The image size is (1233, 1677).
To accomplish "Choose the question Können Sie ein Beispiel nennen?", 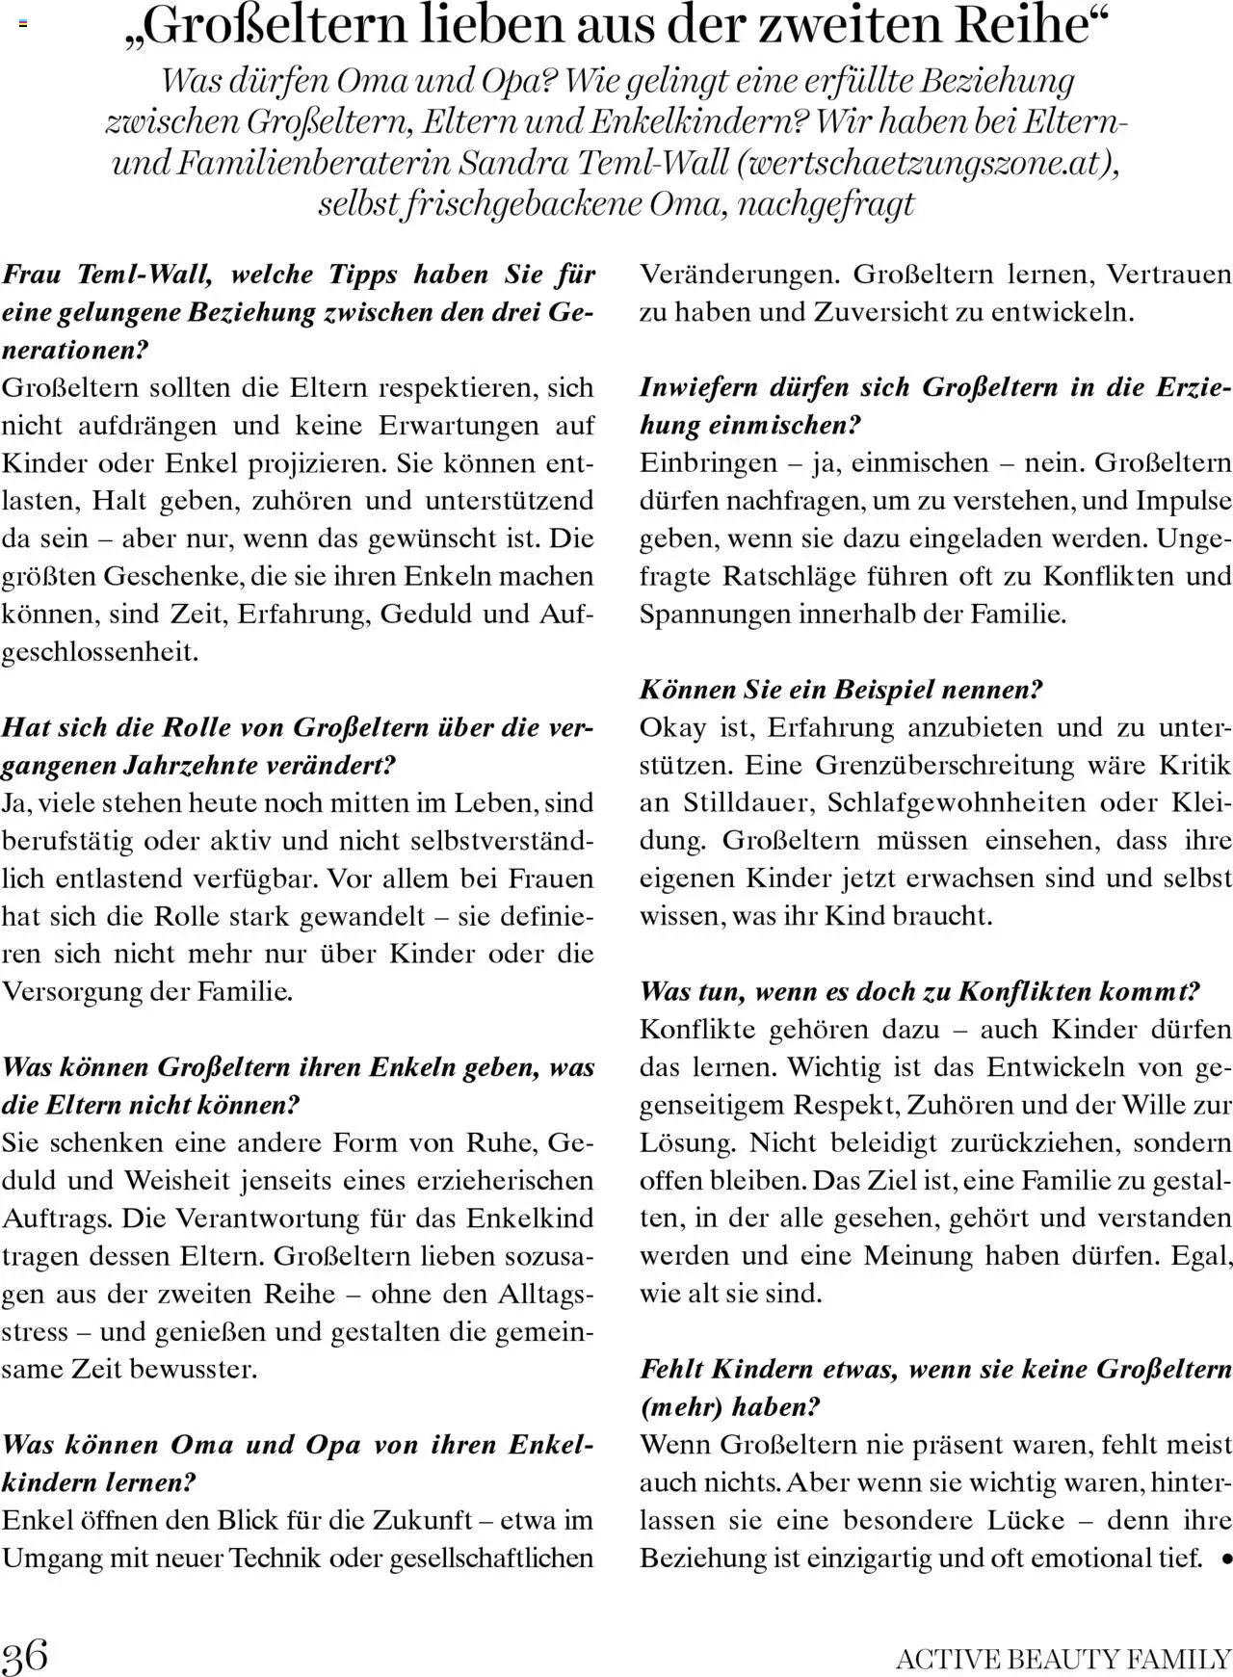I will [x=841, y=690].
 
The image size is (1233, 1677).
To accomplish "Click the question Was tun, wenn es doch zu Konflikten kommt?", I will [x=920, y=991].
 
